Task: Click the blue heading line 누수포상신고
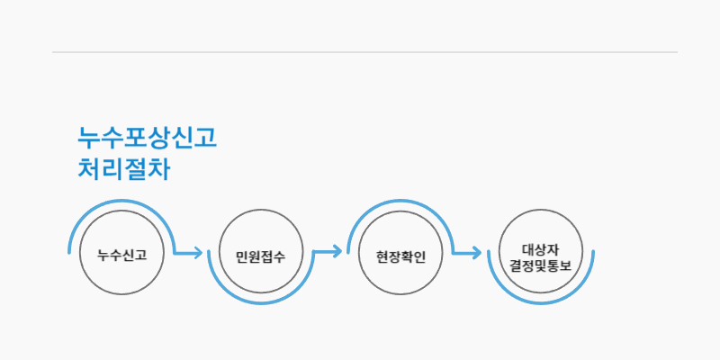point(147,139)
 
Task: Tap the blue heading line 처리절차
point(123,169)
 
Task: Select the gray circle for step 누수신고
point(121,253)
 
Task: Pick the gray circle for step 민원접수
point(261,253)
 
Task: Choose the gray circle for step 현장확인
point(400,253)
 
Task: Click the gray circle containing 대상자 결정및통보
point(540,253)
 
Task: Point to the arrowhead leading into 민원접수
point(198,253)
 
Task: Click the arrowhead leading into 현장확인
point(337,253)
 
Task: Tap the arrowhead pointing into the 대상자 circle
point(477,253)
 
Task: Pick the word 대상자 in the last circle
point(540,247)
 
